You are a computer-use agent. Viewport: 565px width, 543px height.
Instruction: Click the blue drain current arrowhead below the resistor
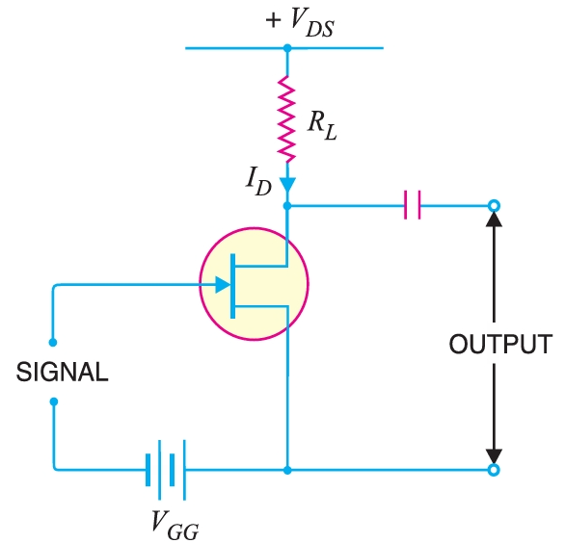286,182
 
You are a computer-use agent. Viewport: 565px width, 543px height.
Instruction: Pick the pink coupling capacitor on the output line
413,205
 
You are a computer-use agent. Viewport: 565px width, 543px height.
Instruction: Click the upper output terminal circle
494,205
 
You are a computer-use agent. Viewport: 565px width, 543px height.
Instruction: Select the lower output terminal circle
494,470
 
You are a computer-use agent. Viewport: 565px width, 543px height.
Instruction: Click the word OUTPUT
500,344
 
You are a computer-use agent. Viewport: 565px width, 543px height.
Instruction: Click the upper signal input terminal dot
54,343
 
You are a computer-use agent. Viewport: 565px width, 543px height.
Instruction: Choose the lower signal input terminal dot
54,401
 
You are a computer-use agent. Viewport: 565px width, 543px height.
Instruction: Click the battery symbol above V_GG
165,470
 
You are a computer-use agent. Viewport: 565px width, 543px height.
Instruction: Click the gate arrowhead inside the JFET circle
223,285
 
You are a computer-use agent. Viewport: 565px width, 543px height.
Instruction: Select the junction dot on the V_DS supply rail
286,47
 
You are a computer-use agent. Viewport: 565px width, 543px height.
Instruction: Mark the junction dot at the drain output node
286,205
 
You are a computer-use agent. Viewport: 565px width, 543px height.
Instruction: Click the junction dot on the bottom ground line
286,470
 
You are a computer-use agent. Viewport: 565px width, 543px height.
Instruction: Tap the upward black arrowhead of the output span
494,220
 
